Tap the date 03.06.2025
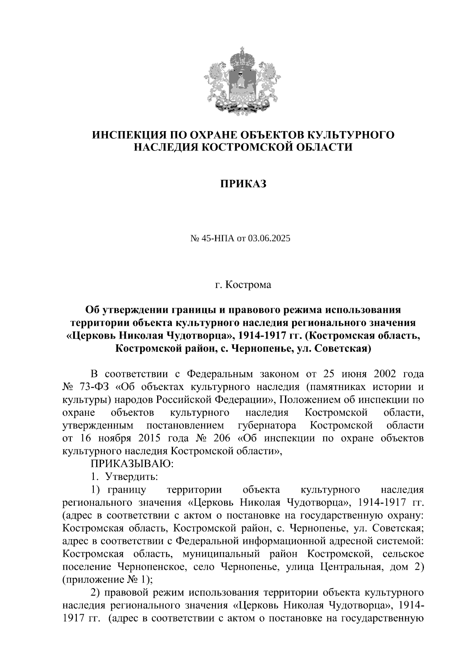269,238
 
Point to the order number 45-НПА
218,238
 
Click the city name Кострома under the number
249,285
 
